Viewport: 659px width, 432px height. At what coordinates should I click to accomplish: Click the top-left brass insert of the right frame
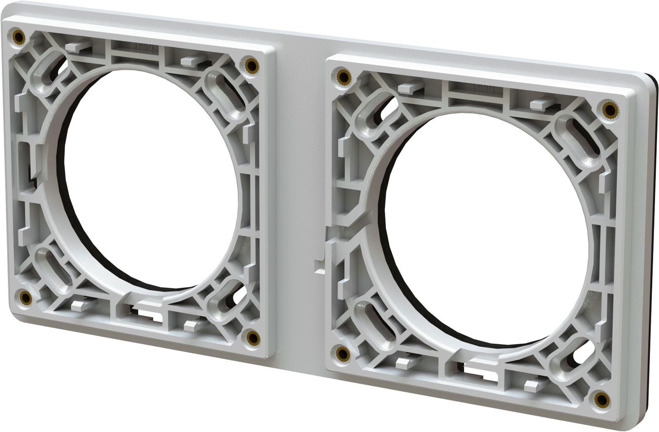pos(342,76)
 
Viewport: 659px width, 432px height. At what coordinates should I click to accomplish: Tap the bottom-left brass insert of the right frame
pos(342,352)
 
